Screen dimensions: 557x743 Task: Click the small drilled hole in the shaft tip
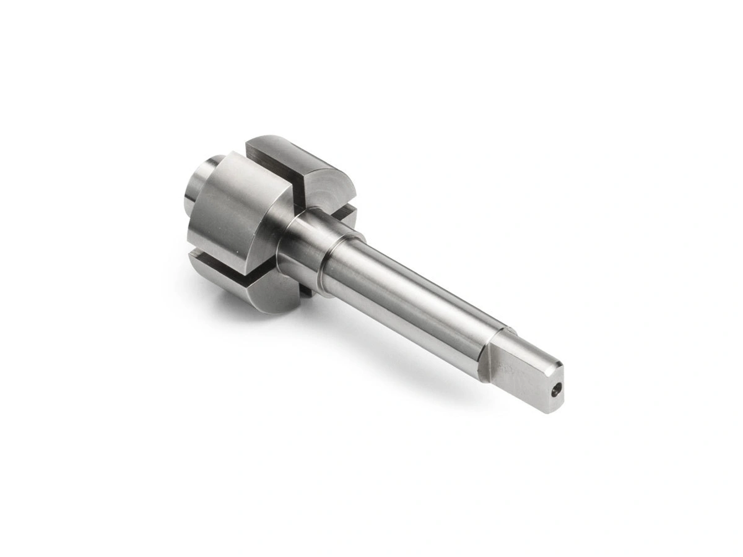tap(557, 390)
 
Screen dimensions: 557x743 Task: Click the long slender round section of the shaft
tap(409, 297)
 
